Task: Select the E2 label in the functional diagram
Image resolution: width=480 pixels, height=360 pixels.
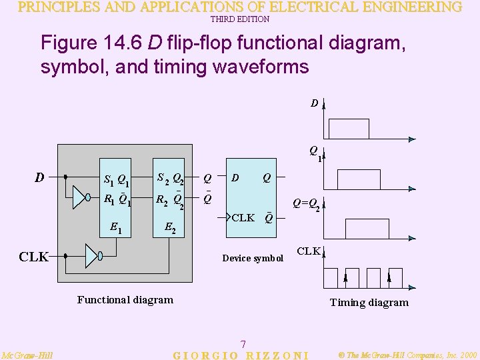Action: pos(170,229)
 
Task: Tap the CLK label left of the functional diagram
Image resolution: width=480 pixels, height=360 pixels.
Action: pos(33,256)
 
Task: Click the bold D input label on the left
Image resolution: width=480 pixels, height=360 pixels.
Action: pos(39,178)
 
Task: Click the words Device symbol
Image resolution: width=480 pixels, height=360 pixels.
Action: pos(253,258)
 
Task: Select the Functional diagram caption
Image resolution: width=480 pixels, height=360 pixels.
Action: pos(125,300)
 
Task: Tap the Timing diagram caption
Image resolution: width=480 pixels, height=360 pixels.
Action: pos(369,303)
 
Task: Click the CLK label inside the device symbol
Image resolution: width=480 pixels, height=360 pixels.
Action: pos(243,218)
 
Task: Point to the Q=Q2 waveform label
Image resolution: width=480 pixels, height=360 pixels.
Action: pos(307,206)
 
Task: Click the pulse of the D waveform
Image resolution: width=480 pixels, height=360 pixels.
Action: pos(349,129)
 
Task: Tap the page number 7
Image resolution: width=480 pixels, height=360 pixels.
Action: pos(243,344)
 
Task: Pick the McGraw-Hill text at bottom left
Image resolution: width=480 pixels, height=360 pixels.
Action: pos(28,355)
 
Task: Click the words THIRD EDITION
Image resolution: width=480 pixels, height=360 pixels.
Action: pos(240,19)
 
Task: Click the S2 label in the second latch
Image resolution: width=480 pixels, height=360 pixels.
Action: pos(162,177)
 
